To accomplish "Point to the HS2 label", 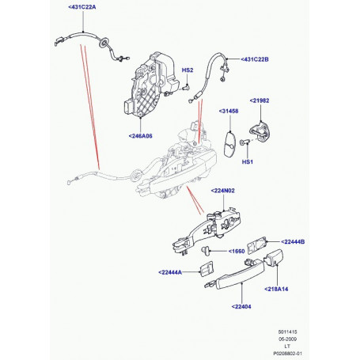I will click(x=188, y=70).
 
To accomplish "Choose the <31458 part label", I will click(x=229, y=113).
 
